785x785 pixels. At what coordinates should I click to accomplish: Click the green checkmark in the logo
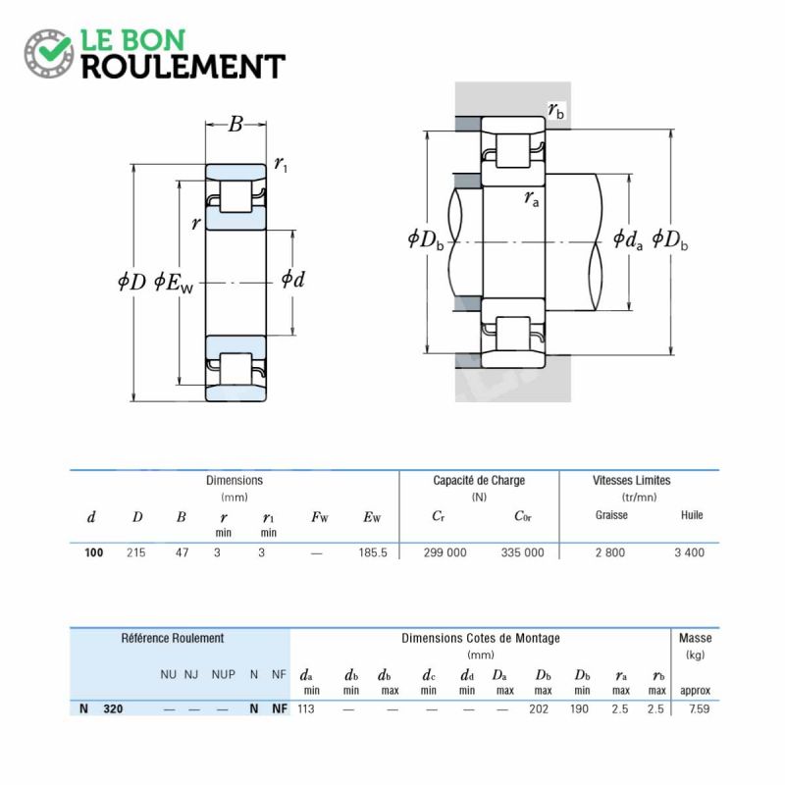point(53,48)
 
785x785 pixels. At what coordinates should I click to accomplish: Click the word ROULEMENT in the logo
point(183,67)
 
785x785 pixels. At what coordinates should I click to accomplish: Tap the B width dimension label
point(235,125)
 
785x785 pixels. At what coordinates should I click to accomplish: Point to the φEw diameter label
point(174,283)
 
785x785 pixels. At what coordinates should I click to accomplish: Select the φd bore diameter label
point(292,280)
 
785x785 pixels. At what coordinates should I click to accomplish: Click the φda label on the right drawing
point(628,239)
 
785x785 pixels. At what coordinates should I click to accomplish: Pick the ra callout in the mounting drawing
point(532,199)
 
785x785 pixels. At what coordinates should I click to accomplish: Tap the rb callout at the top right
point(555,111)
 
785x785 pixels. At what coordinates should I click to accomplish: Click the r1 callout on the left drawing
point(281,164)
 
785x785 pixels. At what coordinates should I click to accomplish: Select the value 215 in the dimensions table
point(136,552)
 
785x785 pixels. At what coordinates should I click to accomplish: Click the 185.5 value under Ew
point(373,552)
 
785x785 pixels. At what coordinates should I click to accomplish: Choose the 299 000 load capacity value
point(445,552)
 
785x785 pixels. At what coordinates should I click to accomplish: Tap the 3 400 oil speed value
point(690,552)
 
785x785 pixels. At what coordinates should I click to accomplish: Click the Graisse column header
point(611,515)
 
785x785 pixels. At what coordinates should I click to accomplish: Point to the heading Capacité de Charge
point(479,481)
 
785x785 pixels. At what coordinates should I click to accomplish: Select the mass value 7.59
point(699,708)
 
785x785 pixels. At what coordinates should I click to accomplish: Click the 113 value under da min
point(306,708)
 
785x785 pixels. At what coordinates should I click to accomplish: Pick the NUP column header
point(224,674)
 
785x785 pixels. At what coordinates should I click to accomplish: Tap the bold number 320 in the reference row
point(113,708)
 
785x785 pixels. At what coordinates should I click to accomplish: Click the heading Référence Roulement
point(173,639)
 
